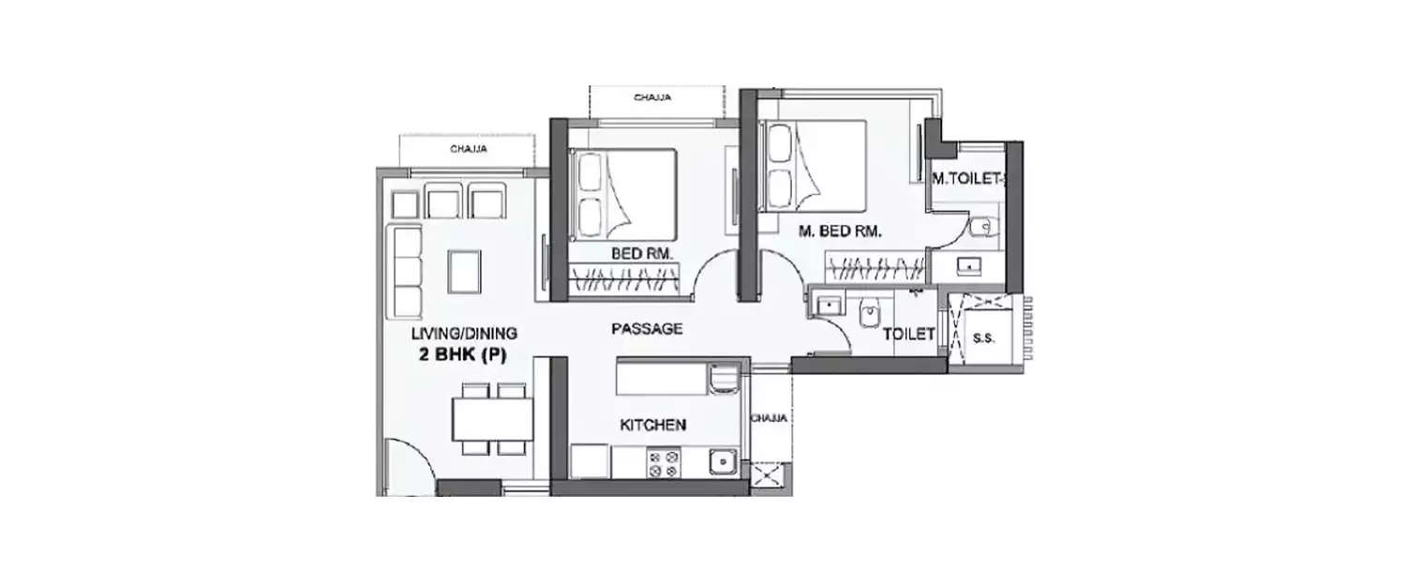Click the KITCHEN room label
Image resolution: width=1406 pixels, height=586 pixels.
(652, 425)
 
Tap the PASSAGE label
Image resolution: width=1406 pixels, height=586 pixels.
(646, 329)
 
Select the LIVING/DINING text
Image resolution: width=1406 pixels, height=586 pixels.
(463, 334)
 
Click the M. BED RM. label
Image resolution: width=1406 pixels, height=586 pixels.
(840, 233)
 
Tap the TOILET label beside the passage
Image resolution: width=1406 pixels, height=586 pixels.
(908, 333)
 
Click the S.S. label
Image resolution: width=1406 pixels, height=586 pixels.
(983, 335)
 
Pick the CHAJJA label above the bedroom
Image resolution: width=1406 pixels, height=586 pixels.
(651, 98)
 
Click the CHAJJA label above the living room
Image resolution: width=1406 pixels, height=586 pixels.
(467, 148)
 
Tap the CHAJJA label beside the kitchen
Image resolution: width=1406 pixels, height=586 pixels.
(768, 417)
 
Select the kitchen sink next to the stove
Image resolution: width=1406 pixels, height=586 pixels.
(721, 462)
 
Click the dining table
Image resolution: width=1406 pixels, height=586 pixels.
(487, 419)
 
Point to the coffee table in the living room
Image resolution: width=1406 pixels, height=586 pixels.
(465, 271)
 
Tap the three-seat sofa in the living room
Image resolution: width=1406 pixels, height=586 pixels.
(407, 271)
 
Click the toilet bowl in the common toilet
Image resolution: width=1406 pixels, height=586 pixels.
(870, 312)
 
